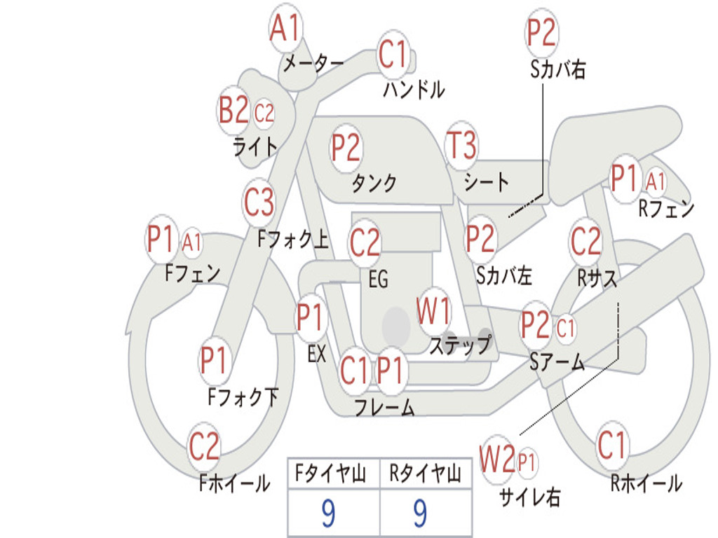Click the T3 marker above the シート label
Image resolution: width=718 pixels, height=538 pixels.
pos(461,146)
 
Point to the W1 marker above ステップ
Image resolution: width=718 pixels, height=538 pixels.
pos(433,311)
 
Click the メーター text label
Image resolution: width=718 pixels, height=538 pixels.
pos(313,63)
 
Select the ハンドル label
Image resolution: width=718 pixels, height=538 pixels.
pos(414,89)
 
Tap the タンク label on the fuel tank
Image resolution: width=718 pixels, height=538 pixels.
pos(374,183)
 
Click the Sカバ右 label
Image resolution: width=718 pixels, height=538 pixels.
pos(557,69)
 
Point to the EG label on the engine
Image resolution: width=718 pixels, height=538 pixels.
pos(378,279)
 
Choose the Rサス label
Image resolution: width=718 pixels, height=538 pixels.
pos(597,277)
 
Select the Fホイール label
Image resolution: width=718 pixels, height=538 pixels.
pos(234,483)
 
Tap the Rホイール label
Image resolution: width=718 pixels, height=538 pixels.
pos(646,483)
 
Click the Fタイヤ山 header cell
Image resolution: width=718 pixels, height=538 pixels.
pos(334,473)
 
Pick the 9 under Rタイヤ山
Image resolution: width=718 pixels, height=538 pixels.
pos(420,513)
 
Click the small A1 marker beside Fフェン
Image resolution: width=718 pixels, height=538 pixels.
pos(191,242)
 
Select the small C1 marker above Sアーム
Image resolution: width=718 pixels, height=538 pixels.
pos(566,328)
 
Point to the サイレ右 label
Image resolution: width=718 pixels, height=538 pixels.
pos(529,497)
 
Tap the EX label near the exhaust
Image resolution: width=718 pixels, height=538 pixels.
pos(317,354)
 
